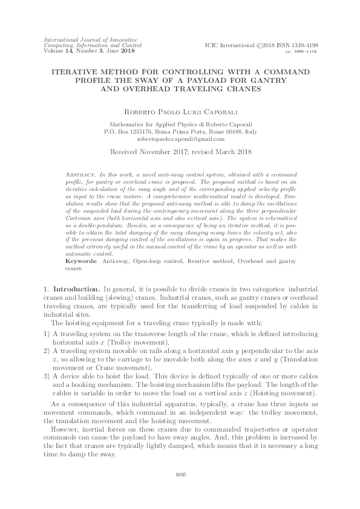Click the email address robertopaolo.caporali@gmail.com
[180, 138]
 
